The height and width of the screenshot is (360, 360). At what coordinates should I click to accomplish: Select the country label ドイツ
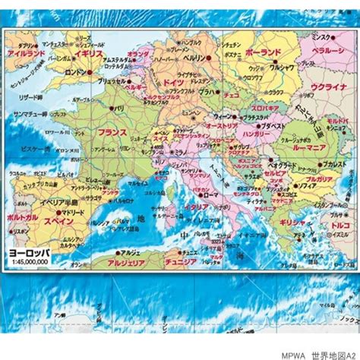click(174, 81)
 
